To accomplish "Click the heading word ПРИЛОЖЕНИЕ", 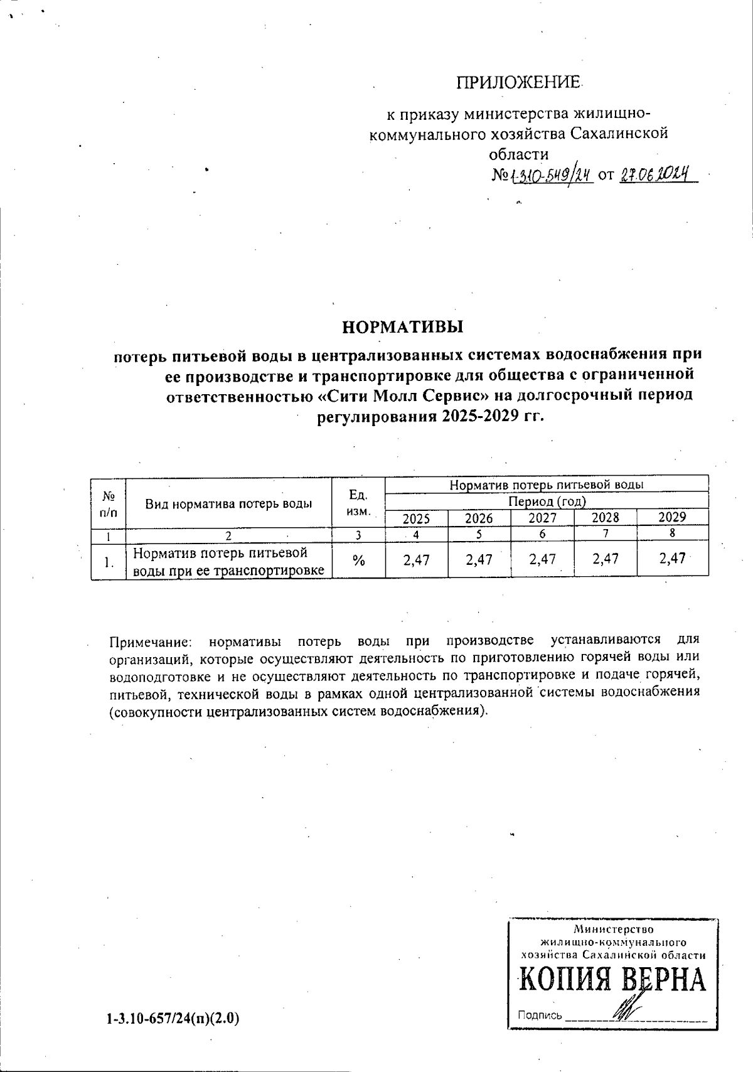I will point(519,82).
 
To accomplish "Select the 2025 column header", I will point(416,518).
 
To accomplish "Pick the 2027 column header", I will point(542,518).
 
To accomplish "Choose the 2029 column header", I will point(672,517).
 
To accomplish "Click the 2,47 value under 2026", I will point(479,559).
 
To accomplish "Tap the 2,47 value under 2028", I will point(606,559).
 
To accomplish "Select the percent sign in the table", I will point(358,560).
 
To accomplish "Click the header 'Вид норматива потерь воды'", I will point(229,503).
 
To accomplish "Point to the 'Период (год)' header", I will point(547,501).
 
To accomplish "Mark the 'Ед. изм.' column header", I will point(358,503).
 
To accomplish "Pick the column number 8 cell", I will point(672,534).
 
